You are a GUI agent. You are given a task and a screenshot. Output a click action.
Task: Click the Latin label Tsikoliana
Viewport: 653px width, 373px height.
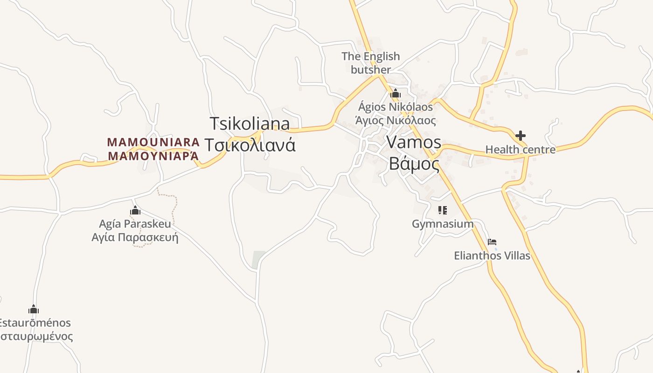[x=250, y=124]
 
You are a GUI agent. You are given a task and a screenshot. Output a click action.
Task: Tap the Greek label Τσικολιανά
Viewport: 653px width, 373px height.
[x=250, y=145]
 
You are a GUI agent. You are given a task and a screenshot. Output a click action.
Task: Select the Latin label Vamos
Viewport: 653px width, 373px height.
[x=414, y=142]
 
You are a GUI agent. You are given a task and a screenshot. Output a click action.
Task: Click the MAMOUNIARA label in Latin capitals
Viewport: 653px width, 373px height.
[x=153, y=142]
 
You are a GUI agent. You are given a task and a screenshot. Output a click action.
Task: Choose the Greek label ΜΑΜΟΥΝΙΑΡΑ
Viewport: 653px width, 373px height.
[x=153, y=156]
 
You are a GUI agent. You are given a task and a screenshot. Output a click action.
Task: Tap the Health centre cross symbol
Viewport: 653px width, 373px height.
[x=521, y=136]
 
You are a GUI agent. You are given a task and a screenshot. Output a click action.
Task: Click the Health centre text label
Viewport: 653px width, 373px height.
[x=521, y=150]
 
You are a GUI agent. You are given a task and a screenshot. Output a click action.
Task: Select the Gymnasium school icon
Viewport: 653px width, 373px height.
[x=443, y=210]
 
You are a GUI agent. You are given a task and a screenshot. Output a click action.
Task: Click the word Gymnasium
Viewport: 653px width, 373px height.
[x=443, y=224]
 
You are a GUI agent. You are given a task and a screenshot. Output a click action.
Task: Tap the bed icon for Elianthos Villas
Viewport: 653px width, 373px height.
[x=492, y=242]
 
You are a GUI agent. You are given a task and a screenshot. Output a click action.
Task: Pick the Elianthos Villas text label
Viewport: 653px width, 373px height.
[x=492, y=256]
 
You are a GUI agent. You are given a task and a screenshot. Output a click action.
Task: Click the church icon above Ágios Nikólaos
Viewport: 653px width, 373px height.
[x=396, y=93]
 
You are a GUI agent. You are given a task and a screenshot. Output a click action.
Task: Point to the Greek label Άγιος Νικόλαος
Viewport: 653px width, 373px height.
[x=396, y=121]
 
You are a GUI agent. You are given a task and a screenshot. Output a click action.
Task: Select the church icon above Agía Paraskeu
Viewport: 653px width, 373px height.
[x=135, y=211]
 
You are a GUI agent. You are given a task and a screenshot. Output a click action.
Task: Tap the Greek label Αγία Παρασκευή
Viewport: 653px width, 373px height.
[x=135, y=237]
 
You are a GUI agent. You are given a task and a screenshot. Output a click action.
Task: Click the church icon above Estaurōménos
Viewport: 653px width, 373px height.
[x=34, y=309]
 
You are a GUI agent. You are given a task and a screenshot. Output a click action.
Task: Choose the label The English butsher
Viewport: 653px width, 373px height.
[x=371, y=63]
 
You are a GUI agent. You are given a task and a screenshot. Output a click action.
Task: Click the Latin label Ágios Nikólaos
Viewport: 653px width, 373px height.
[x=396, y=107]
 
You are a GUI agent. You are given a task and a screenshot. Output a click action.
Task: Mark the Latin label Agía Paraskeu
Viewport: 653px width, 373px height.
[x=135, y=224]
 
